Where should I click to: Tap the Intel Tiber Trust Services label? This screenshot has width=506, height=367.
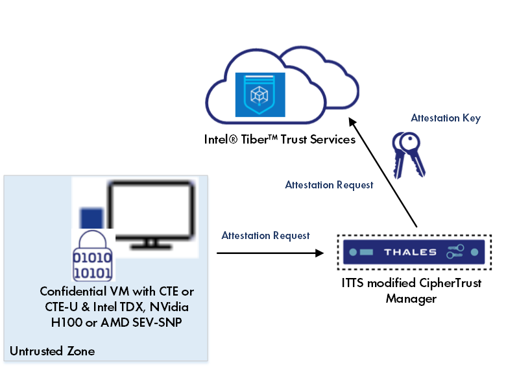tap(280, 140)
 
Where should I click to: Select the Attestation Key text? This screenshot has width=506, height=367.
tap(446, 118)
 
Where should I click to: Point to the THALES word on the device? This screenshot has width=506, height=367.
tap(410, 252)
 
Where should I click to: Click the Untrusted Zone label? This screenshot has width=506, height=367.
tap(52, 351)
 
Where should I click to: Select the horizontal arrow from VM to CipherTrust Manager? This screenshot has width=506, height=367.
tap(269, 252)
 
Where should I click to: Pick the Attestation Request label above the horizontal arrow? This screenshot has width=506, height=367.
tap(265, 235)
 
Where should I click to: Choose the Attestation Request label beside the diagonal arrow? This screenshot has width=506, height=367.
tap(329, 185)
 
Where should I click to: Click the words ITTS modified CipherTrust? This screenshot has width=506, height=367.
tap(411, 285)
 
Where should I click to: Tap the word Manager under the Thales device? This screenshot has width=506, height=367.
tap(411, 299)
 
